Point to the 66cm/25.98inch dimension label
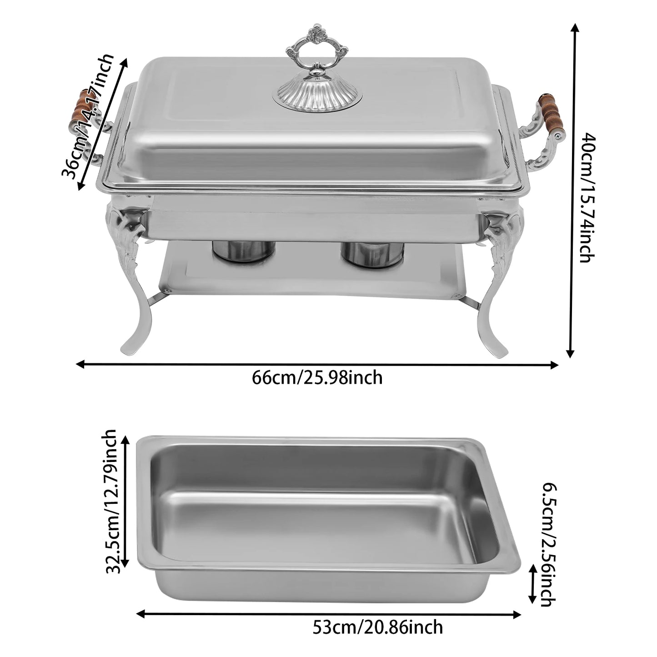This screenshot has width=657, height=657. (317, 378)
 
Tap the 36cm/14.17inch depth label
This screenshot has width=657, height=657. (88, 116)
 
